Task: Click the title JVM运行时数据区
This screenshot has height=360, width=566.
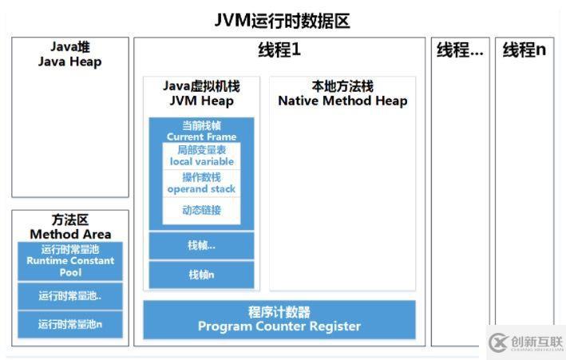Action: coord(282,21)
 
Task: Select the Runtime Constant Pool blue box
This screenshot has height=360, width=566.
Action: coord(70,261)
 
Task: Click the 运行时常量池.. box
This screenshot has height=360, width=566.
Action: coord(70,296)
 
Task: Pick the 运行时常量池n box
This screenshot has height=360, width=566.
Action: coord(70,324)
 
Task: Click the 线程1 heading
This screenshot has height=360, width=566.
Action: coord(279,49)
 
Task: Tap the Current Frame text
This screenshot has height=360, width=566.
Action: coord(201,136)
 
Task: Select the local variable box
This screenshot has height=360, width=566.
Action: coord(201,156)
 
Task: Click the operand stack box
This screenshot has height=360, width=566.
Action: coord(201,183)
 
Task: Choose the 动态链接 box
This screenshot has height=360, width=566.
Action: coord(201,211)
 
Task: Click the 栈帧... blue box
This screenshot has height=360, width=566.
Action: coord(201,246)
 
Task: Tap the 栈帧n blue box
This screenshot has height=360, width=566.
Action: coord(201,275)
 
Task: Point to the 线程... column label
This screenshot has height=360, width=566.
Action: coord(460,50)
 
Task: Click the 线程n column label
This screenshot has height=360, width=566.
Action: coord(524,50)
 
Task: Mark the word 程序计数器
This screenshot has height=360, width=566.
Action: coord(279,312)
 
